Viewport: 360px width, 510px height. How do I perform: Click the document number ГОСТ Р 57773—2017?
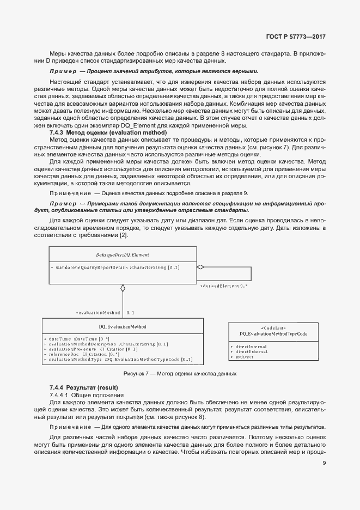pyautogui.click(x=296, y=38)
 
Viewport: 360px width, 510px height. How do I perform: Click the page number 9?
pyautogui.click(x=324, y=463)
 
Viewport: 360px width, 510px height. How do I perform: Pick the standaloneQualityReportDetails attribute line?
pyautogui.click(x=115, y=267)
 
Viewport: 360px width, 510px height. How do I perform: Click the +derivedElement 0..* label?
pyautogui.click(x=224, y=286)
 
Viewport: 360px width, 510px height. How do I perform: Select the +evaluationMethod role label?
pyautogui.click(x=98, y=313)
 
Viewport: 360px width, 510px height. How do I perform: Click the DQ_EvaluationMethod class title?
pyautogui.click(x=123, y=327)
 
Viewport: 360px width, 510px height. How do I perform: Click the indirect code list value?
pyautogui.click(x=243, y=356)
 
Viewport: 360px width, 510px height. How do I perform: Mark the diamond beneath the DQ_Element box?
pyautogui.click(x=123, y=288)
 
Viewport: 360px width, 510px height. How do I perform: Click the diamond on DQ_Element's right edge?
pyautogui.click(x=200, y=267)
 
